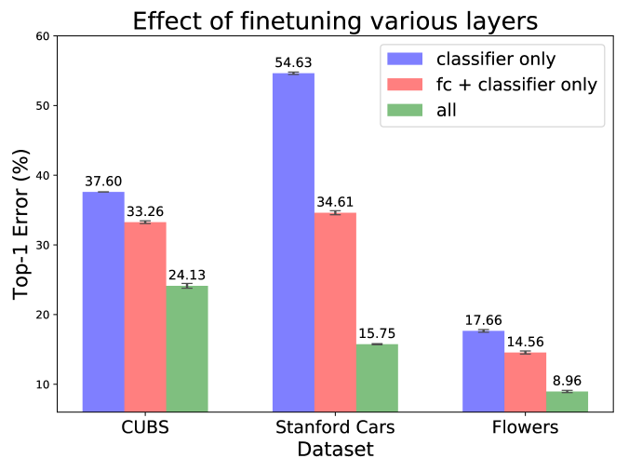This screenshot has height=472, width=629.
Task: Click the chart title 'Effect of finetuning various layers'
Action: [335, 20]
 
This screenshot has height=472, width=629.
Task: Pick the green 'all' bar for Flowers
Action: [567, 401]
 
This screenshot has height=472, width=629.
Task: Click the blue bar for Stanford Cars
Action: [293, 242]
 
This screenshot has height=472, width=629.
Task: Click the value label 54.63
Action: [293, 62]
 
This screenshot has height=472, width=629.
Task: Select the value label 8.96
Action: [567, 381]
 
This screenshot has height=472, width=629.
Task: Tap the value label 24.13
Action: [187, 275]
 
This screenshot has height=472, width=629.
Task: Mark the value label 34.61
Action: [335, 202]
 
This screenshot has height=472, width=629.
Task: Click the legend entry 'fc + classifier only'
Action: [516, 85]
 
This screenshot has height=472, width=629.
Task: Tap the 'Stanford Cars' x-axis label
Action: [335, 428]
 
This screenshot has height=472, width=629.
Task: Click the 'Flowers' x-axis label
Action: [525, 428]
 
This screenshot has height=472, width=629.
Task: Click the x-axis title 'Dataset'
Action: [335, 451]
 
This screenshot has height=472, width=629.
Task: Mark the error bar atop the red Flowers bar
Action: [525, 352]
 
